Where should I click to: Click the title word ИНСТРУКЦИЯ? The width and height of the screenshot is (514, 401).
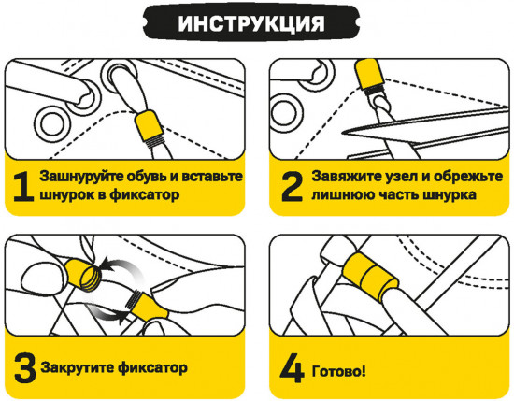pos(255,21)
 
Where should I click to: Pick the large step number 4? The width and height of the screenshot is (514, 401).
pos(292,366)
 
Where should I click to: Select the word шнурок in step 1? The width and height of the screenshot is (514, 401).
pos(66,196)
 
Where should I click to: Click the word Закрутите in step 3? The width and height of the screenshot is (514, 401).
pos(74,367)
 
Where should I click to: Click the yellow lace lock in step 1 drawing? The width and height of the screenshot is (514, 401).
pos(148,128)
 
